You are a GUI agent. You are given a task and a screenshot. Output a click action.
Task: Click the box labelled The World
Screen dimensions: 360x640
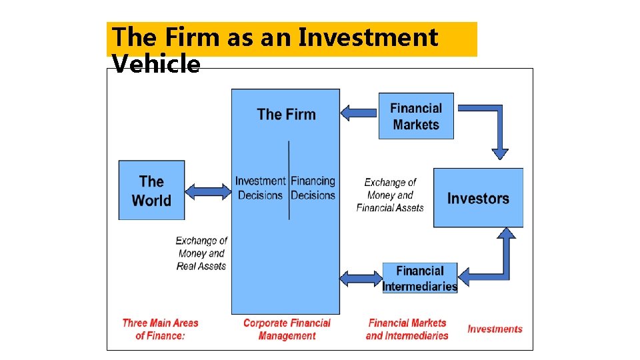click(x=151, y=191)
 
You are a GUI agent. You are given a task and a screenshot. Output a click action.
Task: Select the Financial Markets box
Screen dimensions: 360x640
click(x=416, y=116)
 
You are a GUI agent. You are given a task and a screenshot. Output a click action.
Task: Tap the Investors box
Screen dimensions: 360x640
click(x=477, y=198)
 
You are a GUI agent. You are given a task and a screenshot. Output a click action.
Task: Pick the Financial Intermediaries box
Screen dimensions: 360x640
click(x=419, y=278)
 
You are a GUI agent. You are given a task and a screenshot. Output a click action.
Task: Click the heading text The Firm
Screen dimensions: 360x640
click(x=286, y=114)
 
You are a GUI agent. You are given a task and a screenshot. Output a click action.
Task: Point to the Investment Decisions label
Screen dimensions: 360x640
click(x=260, y=188)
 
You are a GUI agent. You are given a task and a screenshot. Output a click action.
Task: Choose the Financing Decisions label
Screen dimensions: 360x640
click(x=313, y=188)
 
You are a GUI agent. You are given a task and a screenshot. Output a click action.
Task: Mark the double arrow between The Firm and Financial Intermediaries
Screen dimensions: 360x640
click(x=361, y=278)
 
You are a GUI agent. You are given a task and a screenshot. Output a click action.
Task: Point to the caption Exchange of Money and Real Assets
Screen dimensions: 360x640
click(x=201, y=253)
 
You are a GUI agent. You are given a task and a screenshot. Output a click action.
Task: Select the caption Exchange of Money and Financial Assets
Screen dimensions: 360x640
click(x=390, y=195)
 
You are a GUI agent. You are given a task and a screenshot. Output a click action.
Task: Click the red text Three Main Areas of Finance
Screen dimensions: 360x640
click(x=160, y=329)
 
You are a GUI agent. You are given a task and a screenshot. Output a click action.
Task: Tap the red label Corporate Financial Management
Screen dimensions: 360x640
click(x=287, y=329)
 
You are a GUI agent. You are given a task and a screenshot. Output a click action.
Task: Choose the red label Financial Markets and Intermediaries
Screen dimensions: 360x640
click(x=407, y=329)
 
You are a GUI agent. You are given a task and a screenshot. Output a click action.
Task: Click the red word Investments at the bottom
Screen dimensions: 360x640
click(x=495, y=329)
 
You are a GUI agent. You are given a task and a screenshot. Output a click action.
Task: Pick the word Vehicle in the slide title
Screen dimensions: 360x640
click(x=156, y=65)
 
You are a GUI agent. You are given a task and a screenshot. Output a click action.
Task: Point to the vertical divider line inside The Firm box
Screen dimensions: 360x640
click(x=289, y=180)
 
